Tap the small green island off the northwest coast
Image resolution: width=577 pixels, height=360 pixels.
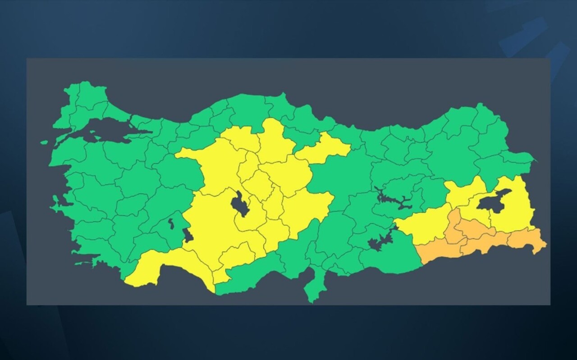[44, 142]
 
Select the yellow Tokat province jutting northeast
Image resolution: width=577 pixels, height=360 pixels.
[327, 146]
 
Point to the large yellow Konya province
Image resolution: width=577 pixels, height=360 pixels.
[212, 225]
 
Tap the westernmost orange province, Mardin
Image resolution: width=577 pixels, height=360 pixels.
[440, 250]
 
